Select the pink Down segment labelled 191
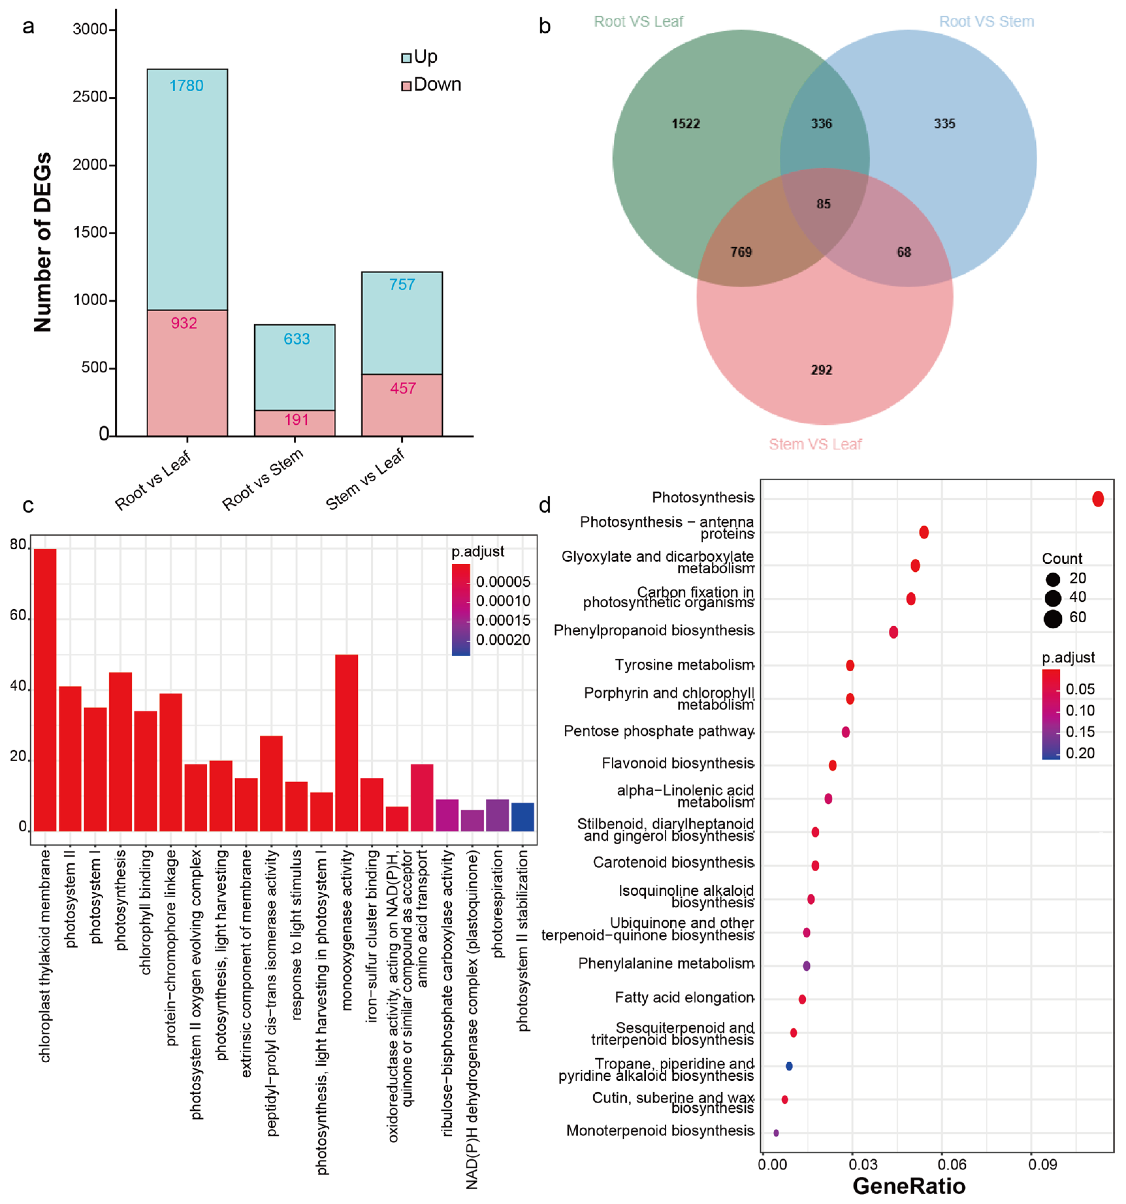pyautogui.click(x=295, y=423)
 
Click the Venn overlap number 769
pyautogui.click(x=741, y=252)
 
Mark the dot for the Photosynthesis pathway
pyautogui.click(x=1097, y=499)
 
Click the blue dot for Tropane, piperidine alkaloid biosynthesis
pyautogui.click(x=789, y=1066)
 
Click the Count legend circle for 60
pyautogui.click(x=1053, y=619)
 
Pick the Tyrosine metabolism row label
pyautogui.click(x=684, y=665)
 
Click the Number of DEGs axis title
pyautogui.click(x=42, y=242)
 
